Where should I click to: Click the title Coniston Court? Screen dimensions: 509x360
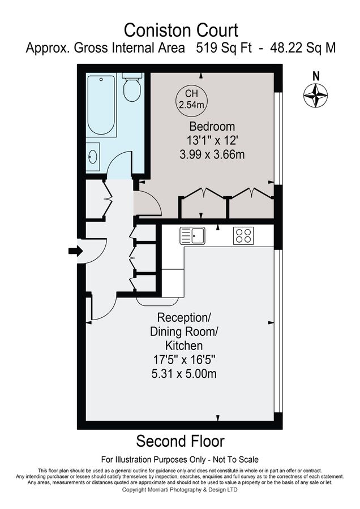pos(181,29)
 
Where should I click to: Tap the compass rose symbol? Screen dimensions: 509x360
pos(316,94)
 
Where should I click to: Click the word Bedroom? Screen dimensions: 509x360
pos(212,126)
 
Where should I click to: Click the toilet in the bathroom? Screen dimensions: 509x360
pos(132,89)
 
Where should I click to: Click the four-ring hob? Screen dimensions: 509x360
pos(243,235)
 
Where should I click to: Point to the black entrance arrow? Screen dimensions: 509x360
pos(75,251)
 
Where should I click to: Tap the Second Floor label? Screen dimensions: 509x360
pos(180,441)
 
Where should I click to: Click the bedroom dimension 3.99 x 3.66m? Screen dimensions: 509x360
pos(212,154)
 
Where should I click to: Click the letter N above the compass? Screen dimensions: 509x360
pos(316,75)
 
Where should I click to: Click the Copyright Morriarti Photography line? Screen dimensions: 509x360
pos(180,490)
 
